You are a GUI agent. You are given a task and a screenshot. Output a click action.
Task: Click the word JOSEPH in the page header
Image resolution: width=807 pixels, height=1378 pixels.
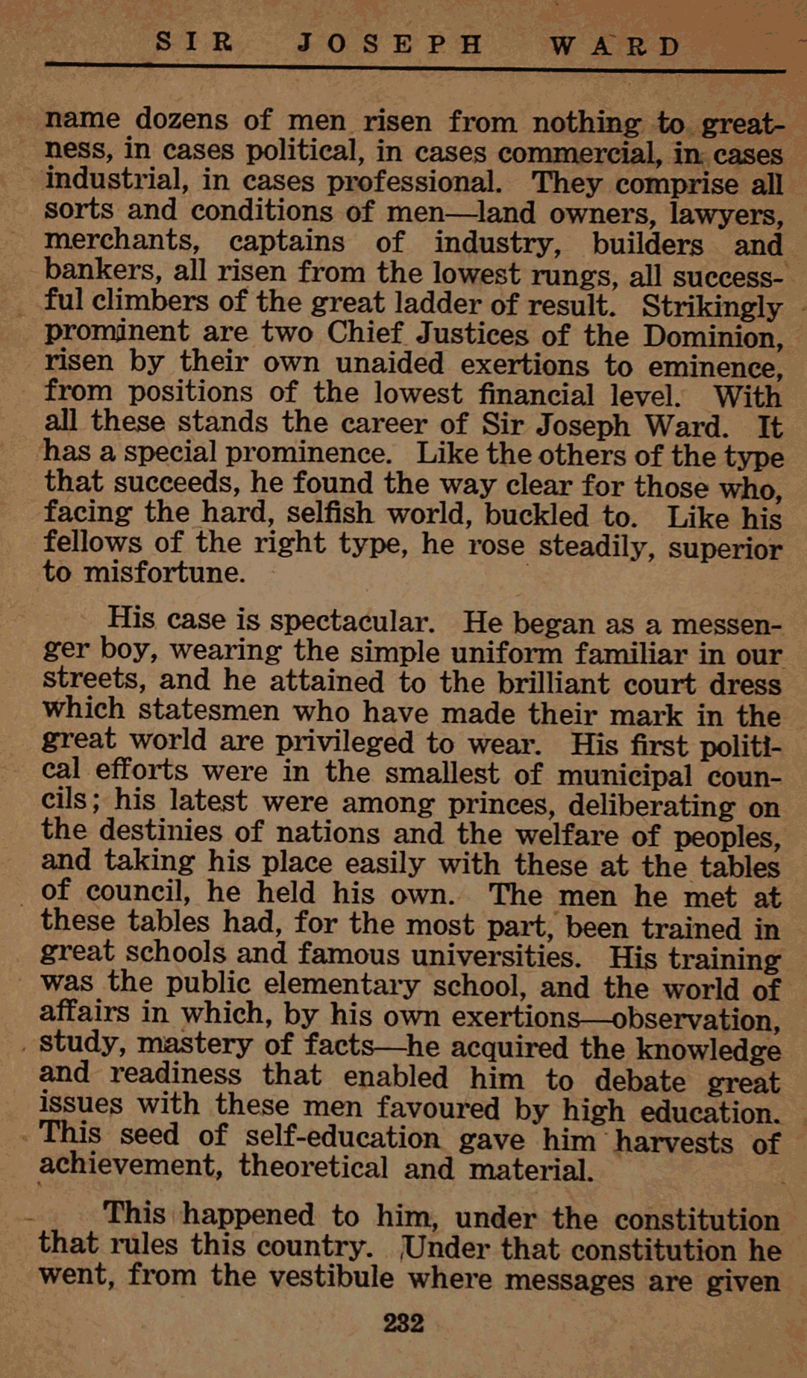(389, 45)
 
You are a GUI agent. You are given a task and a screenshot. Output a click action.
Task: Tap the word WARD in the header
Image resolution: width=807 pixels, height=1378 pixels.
(615, 46)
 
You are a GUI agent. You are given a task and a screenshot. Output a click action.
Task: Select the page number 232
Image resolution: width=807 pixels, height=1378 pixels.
(403, 1323)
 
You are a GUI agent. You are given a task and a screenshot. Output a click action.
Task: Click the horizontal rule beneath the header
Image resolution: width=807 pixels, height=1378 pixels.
(415, 69)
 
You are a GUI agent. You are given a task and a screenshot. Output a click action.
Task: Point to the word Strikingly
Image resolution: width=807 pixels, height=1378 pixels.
(712, 307)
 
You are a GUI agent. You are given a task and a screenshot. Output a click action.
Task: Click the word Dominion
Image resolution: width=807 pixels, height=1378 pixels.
(712, 337)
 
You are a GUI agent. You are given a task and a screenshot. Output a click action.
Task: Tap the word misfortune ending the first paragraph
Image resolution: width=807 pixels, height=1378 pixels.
(163, 573)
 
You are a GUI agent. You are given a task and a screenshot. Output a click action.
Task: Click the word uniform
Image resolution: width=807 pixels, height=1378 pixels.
(506, 654)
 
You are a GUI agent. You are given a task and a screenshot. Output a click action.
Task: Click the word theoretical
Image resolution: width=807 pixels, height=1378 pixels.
(313, 1167)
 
